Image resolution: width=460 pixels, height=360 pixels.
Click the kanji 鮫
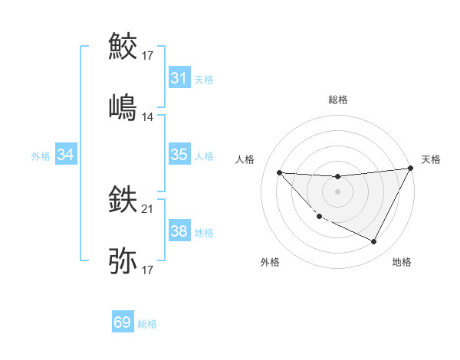(123, 47)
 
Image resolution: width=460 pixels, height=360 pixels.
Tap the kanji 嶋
(123, 106)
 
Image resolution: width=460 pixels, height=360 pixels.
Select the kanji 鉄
(123, 201)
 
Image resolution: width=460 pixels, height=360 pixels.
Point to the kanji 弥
(123, 260)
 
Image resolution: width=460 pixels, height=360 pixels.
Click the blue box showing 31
(179, 78)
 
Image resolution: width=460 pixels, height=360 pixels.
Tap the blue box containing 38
(179, 231)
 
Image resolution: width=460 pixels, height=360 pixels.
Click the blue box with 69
(123, 322)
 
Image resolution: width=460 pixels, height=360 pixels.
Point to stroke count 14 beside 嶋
(148, 117)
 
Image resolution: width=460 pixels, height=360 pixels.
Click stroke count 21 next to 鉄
(148, 209)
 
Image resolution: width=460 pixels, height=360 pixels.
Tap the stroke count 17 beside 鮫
(148, 56)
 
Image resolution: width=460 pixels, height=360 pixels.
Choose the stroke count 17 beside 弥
(148, 270)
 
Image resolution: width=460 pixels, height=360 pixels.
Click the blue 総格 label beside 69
(147, 324)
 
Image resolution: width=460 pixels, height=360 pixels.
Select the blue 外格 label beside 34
(41, 156)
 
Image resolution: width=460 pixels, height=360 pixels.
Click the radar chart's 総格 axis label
(338, 100)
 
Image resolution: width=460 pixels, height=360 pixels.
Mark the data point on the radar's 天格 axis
(410, 169)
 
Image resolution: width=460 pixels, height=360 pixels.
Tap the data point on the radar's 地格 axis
(374, 242)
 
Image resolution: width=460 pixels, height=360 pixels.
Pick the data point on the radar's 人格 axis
(279, 172)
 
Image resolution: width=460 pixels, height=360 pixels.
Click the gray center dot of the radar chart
(337, 191)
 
